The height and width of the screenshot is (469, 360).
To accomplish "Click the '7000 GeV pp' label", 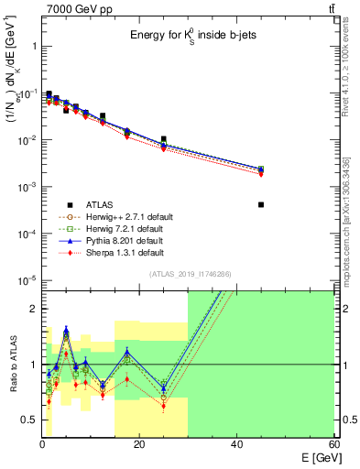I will [x=75, y=9].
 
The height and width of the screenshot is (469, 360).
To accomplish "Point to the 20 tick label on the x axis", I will [x=139, y=444].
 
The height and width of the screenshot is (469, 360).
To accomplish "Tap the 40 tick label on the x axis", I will [x=236, y=444].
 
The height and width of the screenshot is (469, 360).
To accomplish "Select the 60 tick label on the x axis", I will [x=333, y=444].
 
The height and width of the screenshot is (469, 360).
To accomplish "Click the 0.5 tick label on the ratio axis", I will [x=29, y=420].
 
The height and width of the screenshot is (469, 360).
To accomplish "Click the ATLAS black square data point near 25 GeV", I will [x=164, y=139].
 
